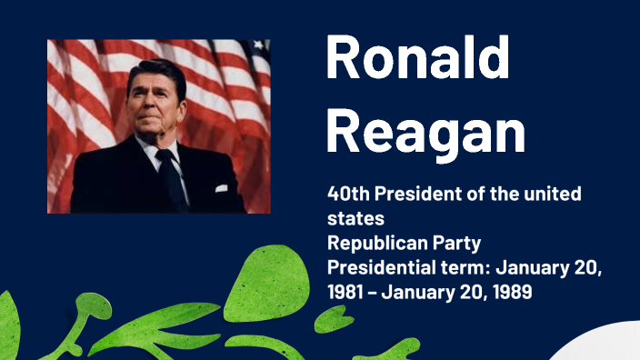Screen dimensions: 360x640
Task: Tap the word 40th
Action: (x=349, y=195)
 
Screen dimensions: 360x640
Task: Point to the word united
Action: (x=549, y=195)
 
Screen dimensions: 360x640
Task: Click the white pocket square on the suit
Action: (x=220, y=188)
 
